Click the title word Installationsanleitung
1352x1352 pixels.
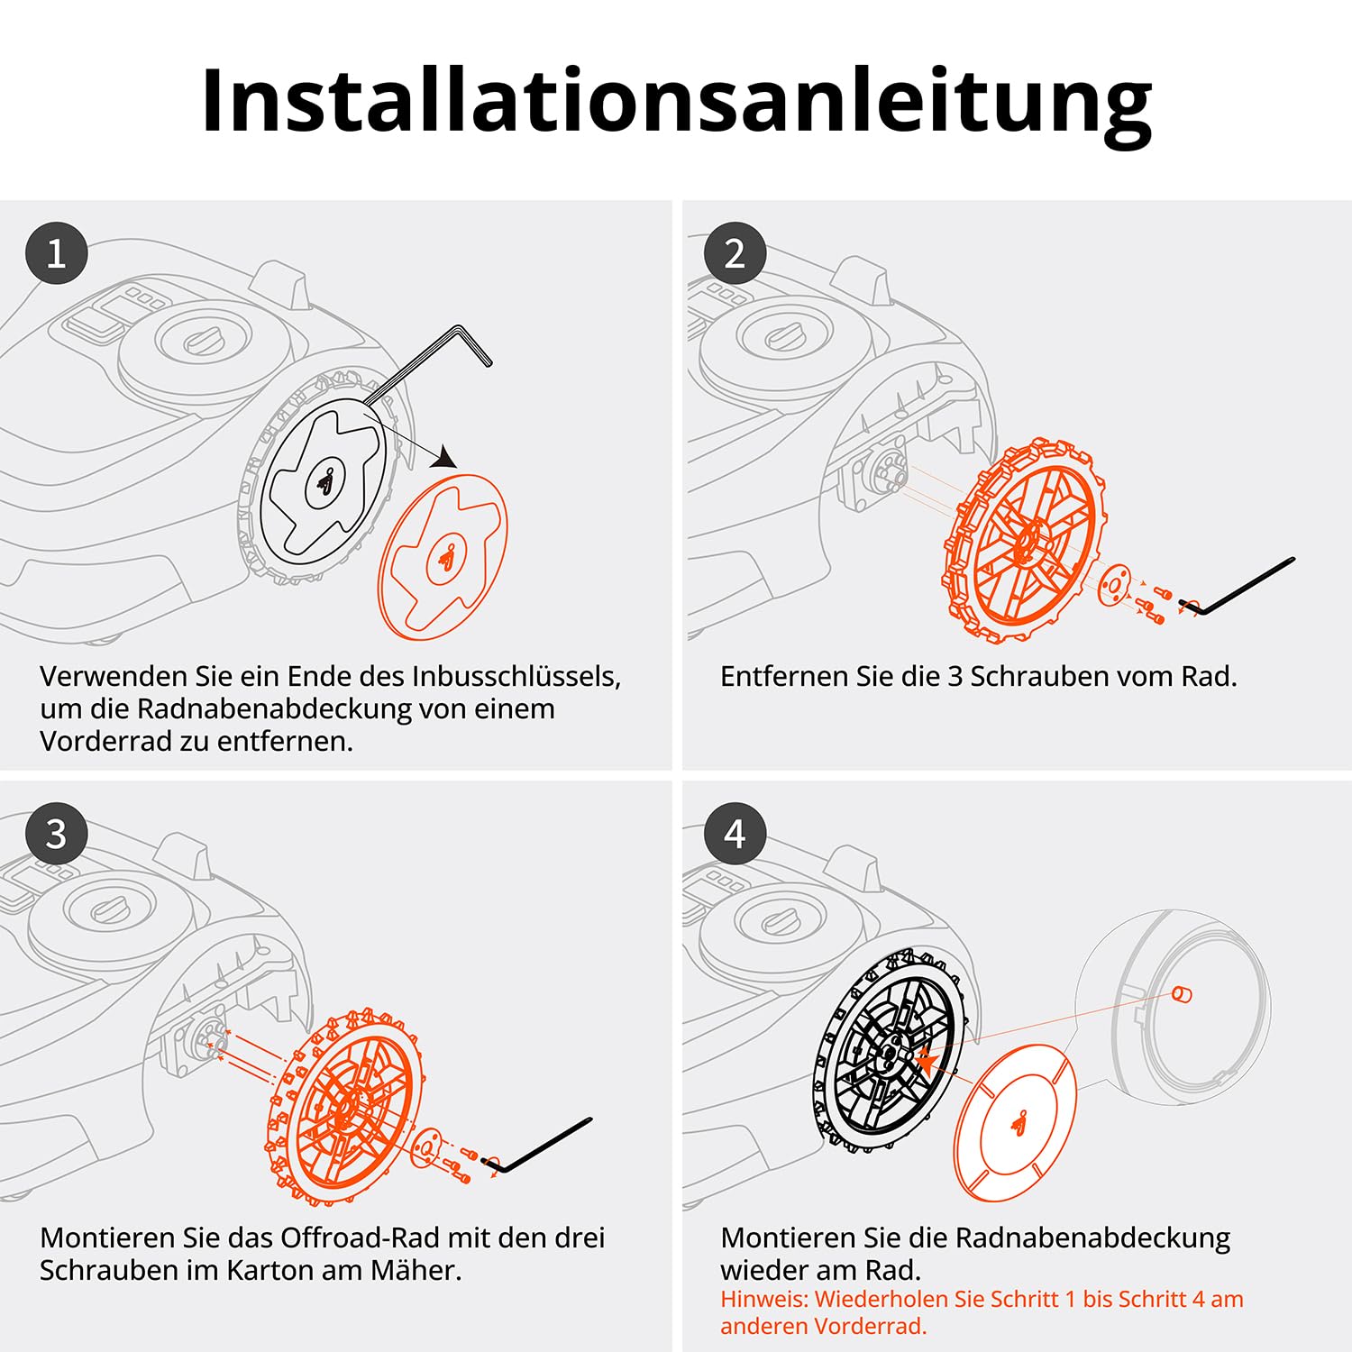coord(676,101)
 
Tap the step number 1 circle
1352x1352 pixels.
coord(56,253)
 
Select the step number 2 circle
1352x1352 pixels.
coord(735,253)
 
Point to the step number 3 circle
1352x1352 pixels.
coord(56,834)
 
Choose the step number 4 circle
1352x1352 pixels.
coord(735,834)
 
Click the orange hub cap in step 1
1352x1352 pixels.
coord(443,556)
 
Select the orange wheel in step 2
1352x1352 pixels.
coord(1020,541)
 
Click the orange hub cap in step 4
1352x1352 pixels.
coord(1015,1122)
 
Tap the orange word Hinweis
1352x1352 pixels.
coord(763,1299)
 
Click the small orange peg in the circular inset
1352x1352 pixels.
coord(1182,994)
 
